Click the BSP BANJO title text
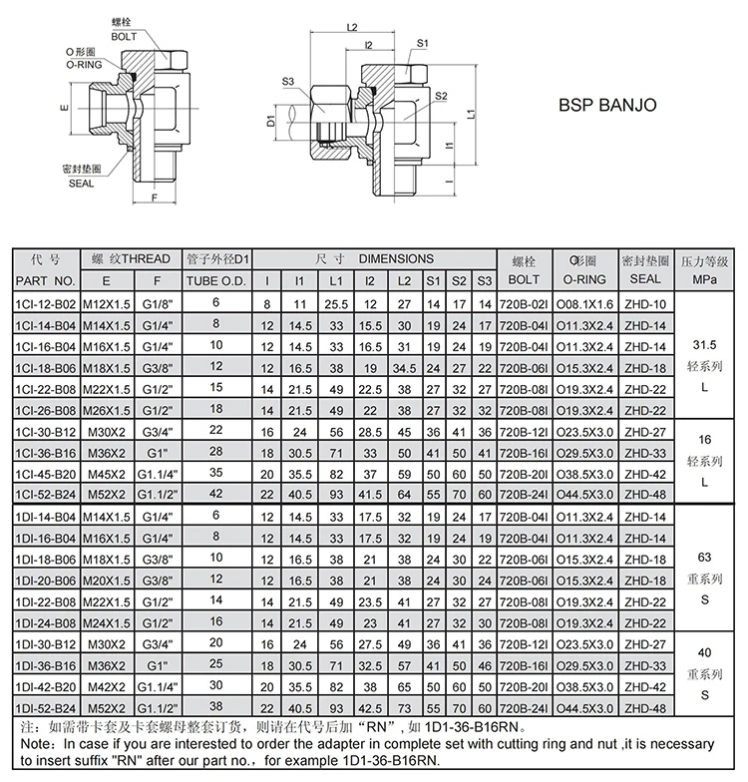(606, 105)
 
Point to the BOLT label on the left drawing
(125, 36)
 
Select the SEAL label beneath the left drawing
(81, 184)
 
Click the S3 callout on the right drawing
(288, 82)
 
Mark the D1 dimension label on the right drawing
(270, 122)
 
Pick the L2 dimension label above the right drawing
(352, 27)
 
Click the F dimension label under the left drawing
(155, 197)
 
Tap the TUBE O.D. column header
(215, 280)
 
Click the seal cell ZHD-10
(645, 303)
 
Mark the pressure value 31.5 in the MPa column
(705, 344)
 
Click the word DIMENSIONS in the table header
(396, 258)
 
